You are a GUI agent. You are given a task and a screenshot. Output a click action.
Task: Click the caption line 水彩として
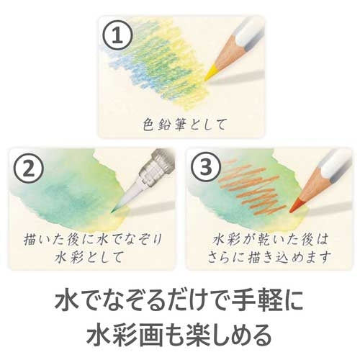coord(89,257)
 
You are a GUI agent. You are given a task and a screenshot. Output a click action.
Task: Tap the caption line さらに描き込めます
coord(267,257)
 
